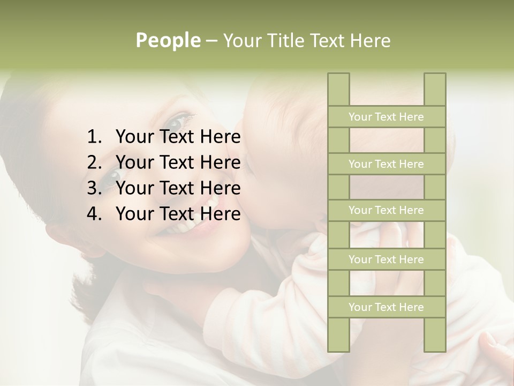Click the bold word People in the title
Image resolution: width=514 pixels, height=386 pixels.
point(168,41)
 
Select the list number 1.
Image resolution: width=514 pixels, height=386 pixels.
point(94,138)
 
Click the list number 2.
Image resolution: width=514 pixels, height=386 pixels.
point(94,163)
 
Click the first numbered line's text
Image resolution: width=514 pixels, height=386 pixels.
point(178,138)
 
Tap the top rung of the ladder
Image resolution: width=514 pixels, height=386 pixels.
point(386,117)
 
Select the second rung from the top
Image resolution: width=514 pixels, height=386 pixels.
point(386,164)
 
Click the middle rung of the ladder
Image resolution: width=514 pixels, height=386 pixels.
point(386,211)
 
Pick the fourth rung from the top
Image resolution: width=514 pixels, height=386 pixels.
point(386,259)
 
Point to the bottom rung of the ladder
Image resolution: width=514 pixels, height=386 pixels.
point(386,307)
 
